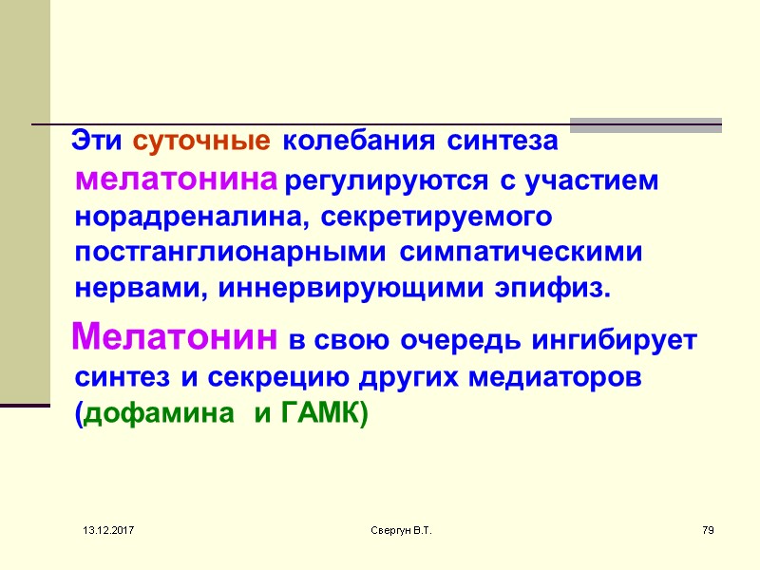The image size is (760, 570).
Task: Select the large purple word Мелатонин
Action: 176,336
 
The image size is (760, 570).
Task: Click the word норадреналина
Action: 190,216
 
